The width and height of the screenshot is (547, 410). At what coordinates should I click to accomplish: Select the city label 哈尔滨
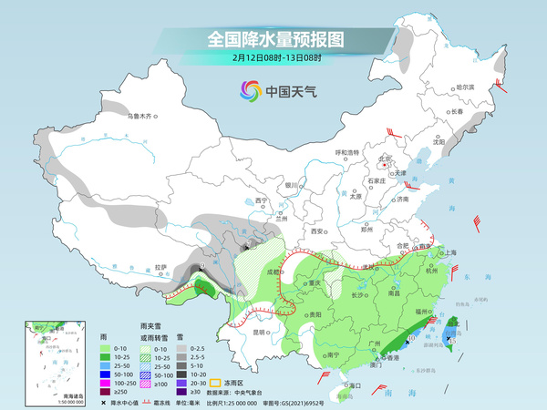(465, 87)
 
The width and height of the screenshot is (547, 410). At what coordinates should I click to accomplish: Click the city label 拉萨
(161, 268)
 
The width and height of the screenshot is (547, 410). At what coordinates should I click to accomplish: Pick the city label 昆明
(262, 332)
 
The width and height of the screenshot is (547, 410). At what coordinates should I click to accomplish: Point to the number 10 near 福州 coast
(412, 338)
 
